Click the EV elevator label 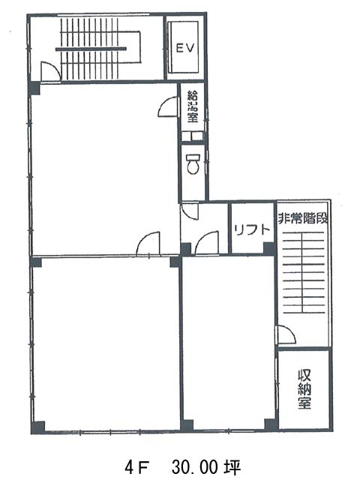pyautogui.click(x=185, y=48)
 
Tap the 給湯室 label pyautogui.click(x=193, y=106)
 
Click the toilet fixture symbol pyautogui.click(x=193, y=163)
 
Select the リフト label pyautogui.click(x=252, y=229)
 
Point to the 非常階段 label pyautogui.click(x=303, y=218)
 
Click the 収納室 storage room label pyautogui.click(x=304, y=389)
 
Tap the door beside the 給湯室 pyautogui.click(x=167, y=106)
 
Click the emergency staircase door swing pyautogui.click(x=286, y=334)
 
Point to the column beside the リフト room pyautogui.click(x=269, y=248)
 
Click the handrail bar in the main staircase pyautogui.click(x=91, y=49)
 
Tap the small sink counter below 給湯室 pyautogui.click(x=192, y=136)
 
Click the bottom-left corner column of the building pyautogui.click(x=38, y=427)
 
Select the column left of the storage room pyautogui.click(x=271, y=424)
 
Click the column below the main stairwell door pyautogui.click(x=34, y=88)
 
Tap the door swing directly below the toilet pyautogui.click(x=190, y=211)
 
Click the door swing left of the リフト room pyautogui.click(x=207, y=243)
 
